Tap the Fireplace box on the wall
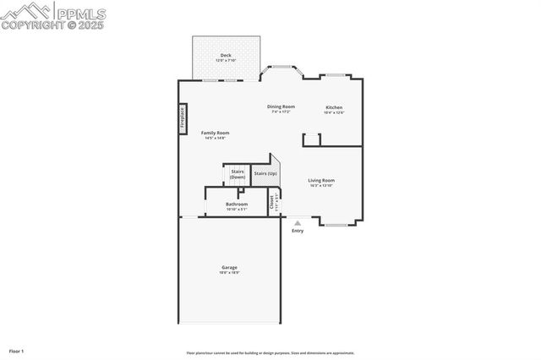click(x=182, y=117)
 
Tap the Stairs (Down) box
click(x=238, y=174)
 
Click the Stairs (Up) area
click(x=265, y=173)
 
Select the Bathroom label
click(x=237, y=205)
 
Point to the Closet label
click(x=273, y=203)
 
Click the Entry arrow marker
click(x=298, y=223)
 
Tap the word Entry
click(x=298, y=231)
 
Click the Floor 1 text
click(x=17, y=351)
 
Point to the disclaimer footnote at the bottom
click(x=270, y=353)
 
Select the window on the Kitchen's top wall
click(x=334, y=77)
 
